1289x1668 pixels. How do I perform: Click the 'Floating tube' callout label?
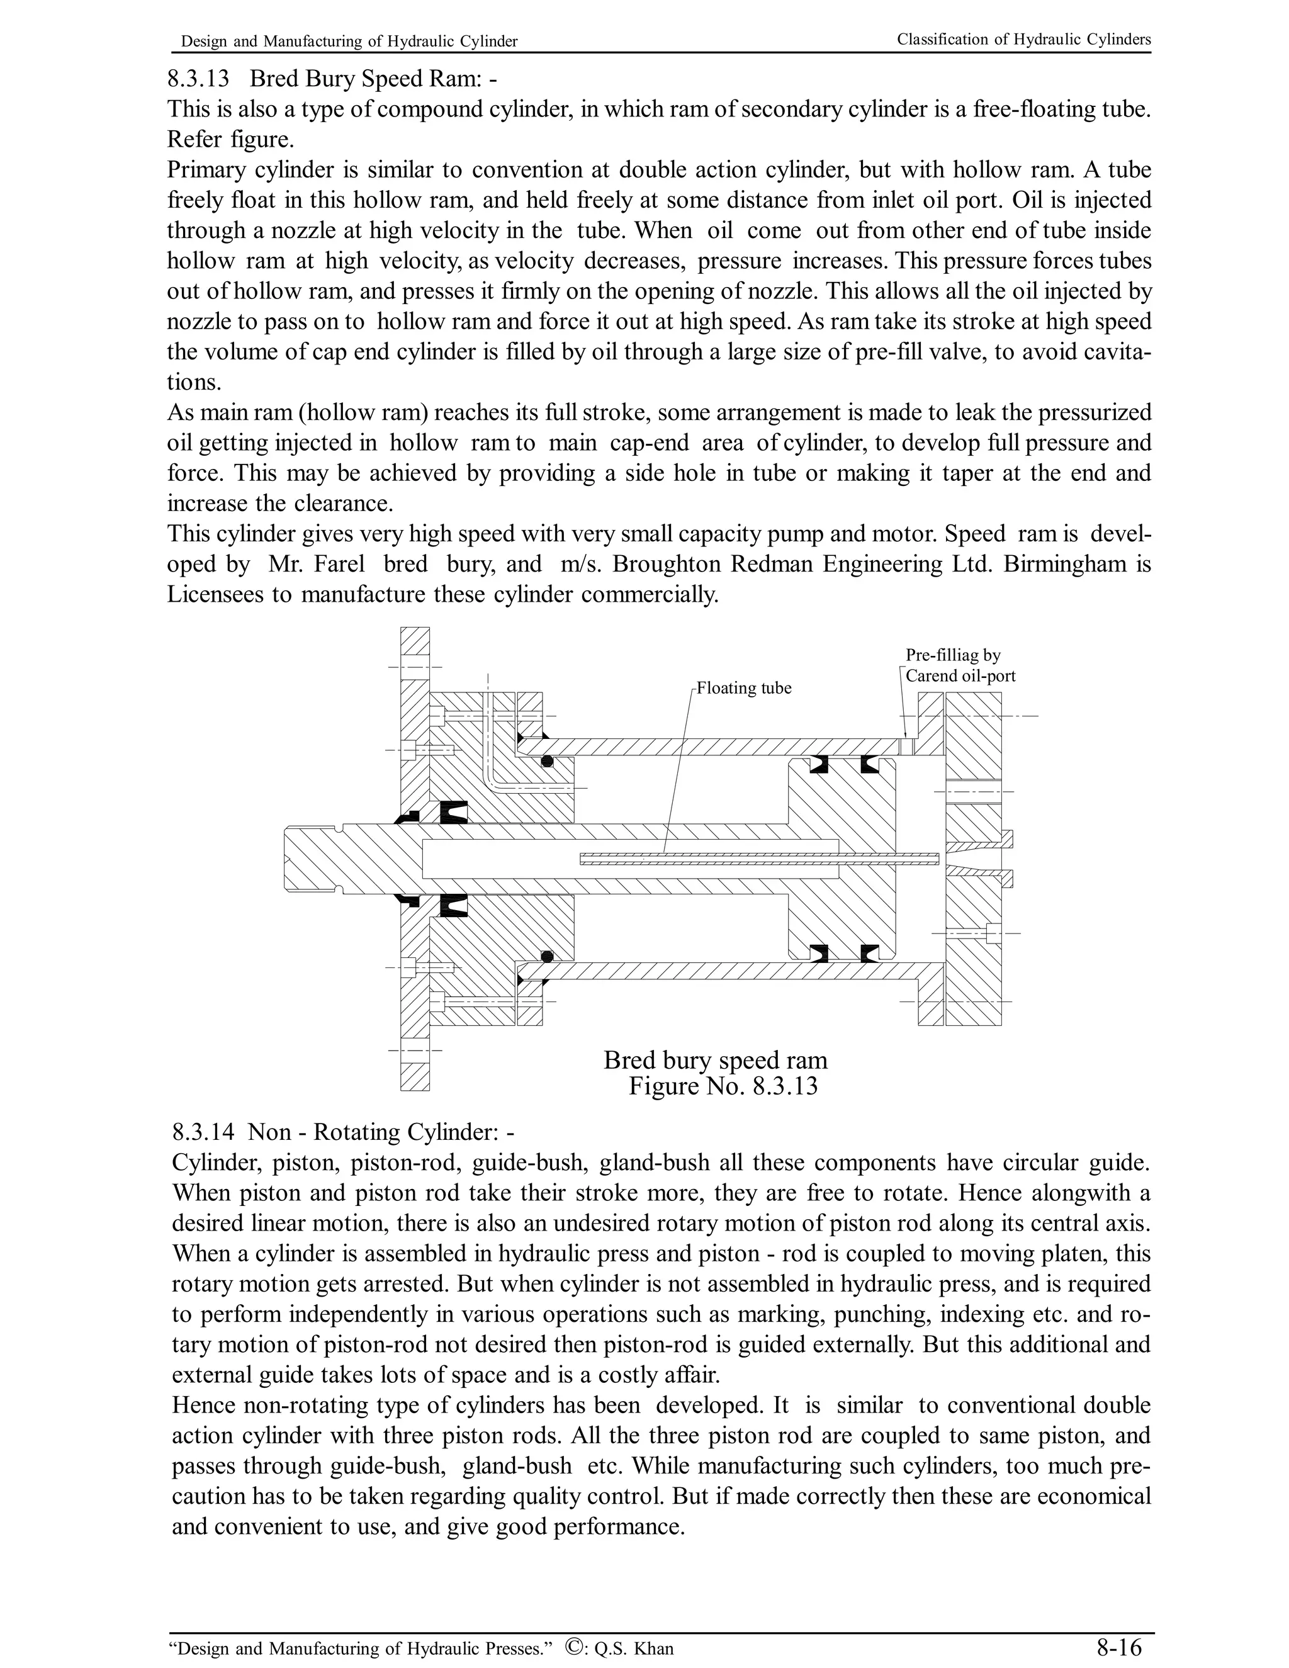[x=744, y=688]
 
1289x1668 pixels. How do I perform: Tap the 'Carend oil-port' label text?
[x=960, y=676]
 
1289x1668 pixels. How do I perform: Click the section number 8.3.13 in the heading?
[x=198, y=79]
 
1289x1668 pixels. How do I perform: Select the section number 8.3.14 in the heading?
[x=203, y=1132]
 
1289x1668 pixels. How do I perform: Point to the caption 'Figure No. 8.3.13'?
[x=723, y=1086]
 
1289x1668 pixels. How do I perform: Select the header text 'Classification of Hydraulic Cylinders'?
[x=1023, y=40]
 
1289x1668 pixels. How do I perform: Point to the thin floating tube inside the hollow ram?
[x=756, y=858]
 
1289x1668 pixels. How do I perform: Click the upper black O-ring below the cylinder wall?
[x=547, y=762]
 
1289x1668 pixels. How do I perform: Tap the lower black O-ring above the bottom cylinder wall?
[x=547, y=956]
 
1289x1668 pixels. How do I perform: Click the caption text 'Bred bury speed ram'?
[x=715, y=1060]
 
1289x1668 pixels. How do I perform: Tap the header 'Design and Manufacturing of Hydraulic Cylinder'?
[x=349, y=42]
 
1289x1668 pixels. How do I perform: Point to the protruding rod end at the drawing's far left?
[x=313, y=858]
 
